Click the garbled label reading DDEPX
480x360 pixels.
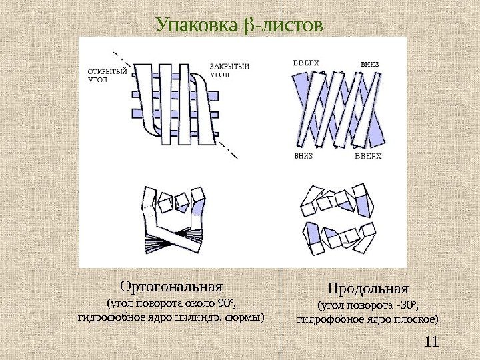[307, 63]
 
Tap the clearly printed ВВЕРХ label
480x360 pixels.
[368, 157]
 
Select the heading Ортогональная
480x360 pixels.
[171, 287]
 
